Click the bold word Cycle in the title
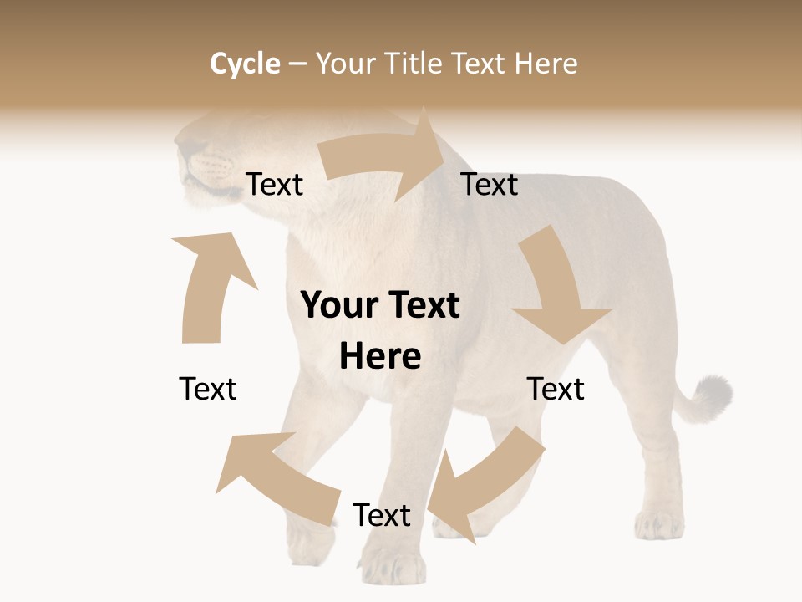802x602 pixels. pyautogui.click(x=245, y=64)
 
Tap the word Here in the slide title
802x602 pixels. pyautogui.click(x=546, y=64)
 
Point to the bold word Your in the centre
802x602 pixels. pyautogui.click(x=338, y=305)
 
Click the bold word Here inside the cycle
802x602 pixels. pyautogui.click(x=380, y=356)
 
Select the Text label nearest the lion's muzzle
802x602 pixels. pyautogui.click(x=274, y=184)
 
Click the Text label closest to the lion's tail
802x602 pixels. pyautogui.click(x=556, y=389)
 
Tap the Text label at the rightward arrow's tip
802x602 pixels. pyautogui.click(x=490, y=184)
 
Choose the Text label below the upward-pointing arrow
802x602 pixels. pyautogui.click(x=208, y=389)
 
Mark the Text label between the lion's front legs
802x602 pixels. pyautogui.click(x=382, y=515)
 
